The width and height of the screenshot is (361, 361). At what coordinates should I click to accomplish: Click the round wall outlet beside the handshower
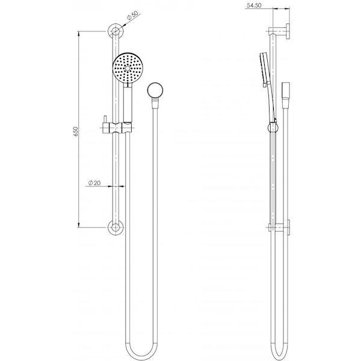(x=156, y=91)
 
